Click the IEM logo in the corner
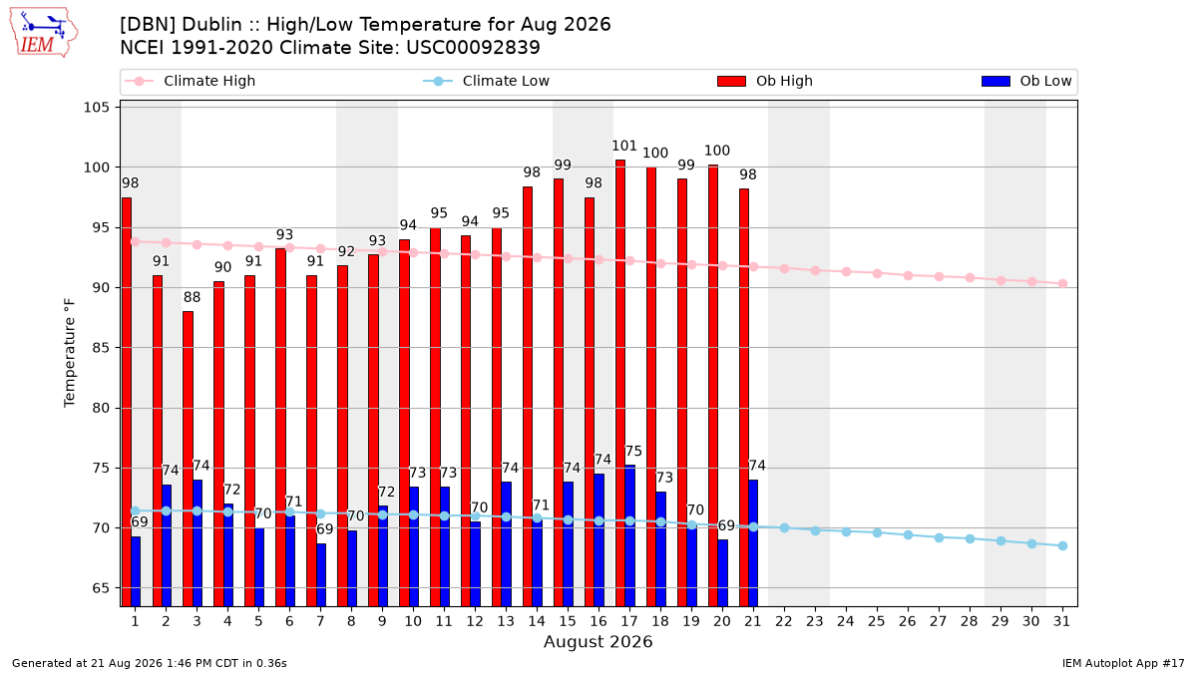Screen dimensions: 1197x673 click(44, 33)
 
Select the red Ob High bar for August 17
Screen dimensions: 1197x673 click(620, 383)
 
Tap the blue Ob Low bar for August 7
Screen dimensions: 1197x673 click(321, 574)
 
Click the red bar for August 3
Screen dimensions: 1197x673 click(189, 459)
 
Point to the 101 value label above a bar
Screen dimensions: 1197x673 click(624, 146)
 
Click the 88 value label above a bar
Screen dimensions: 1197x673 click(192, 297)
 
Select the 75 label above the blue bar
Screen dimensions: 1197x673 click(633, 452)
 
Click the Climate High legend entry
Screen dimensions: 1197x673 click(191, 81)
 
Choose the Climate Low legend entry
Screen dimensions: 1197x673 click(487, 81)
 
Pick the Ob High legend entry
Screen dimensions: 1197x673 click(765, 81)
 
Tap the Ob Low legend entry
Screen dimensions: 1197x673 click(1026, 81)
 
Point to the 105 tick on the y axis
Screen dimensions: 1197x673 click(96, 108)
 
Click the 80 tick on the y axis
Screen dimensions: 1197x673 click(101, 408)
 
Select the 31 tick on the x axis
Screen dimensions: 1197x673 click(1061, 621)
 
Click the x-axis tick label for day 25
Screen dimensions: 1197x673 click(877, 621)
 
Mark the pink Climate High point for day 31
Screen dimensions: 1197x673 click(1063, 283)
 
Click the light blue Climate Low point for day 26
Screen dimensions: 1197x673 click(908, 534)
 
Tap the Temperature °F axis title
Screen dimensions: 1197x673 click(70, 353)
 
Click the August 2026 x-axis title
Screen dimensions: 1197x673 click(598, 641)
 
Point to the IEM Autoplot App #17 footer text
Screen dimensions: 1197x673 click(1123, 663)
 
